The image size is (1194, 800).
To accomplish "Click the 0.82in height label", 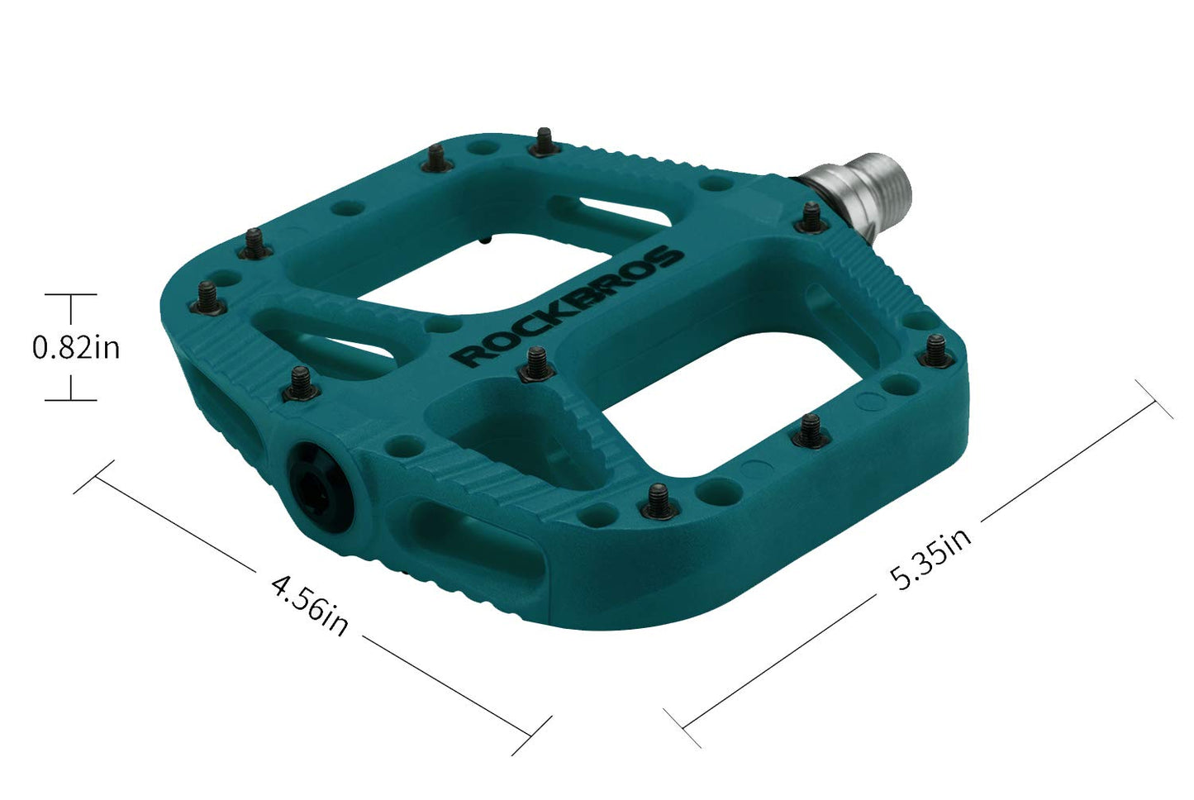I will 76,347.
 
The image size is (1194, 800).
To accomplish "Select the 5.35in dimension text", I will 930,560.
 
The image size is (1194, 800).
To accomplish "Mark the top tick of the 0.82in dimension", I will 71,294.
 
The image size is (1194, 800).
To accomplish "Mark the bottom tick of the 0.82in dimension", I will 71,400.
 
